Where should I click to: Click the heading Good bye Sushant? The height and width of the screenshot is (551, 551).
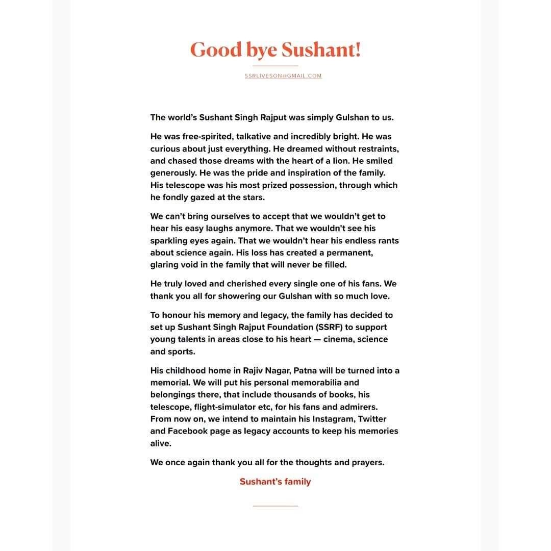click(x=275, y=50)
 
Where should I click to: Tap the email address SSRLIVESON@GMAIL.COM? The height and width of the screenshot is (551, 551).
click(x=283, y=76)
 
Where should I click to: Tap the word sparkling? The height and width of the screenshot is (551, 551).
click(x=169, y=241)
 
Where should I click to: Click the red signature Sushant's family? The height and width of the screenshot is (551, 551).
click(x=275, y=482)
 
